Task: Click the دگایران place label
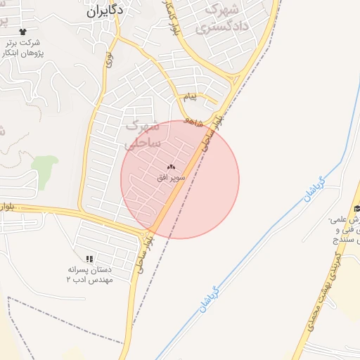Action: click(105, 11)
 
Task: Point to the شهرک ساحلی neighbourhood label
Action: click(142, 135)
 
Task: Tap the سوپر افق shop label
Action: click(172, 178)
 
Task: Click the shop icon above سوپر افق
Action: click(171, 167)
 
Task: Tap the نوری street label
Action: click(109, 60)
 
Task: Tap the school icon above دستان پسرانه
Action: click(89, 259)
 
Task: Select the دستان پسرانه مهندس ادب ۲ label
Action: click(89, 274)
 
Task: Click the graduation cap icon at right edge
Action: click(356, 208)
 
